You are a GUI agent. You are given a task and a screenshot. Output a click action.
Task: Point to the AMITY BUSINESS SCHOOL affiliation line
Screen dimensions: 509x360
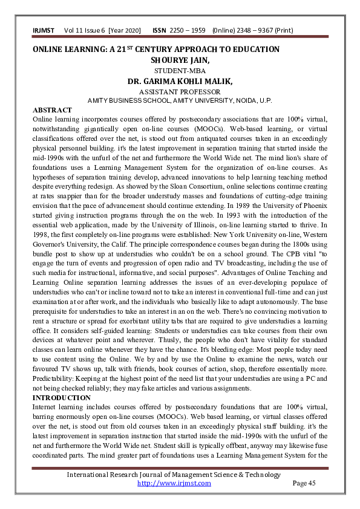click(x=180, y=100)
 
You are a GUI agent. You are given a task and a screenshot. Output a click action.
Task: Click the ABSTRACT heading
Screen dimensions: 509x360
click(x=52, y=110)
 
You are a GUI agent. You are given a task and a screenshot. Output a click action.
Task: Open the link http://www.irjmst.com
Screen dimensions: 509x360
click(x=174, y=483)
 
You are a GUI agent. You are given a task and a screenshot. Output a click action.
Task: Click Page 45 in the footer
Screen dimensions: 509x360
click(x=304, y=483)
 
